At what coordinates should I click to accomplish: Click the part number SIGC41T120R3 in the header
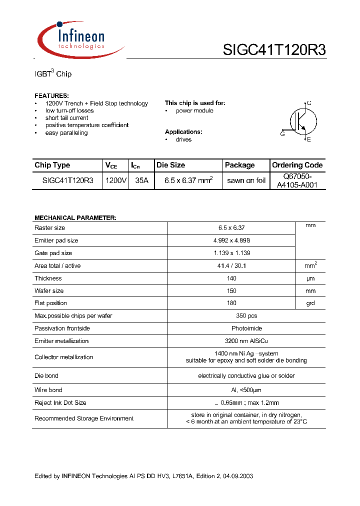274,50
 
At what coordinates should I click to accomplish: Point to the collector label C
309,103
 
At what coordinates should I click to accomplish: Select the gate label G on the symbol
282,133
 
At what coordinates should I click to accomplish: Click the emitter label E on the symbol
309,139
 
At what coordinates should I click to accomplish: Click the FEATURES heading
51,95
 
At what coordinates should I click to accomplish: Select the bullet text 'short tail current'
66,118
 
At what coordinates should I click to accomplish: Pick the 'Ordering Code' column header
297,165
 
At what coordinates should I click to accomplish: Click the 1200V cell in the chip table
115,180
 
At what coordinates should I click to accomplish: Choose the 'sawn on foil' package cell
246,180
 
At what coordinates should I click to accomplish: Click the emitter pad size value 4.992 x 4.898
231,240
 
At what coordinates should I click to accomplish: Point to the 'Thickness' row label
48,278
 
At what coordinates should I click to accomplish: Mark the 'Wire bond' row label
48,390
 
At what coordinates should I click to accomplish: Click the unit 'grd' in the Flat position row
310,303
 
